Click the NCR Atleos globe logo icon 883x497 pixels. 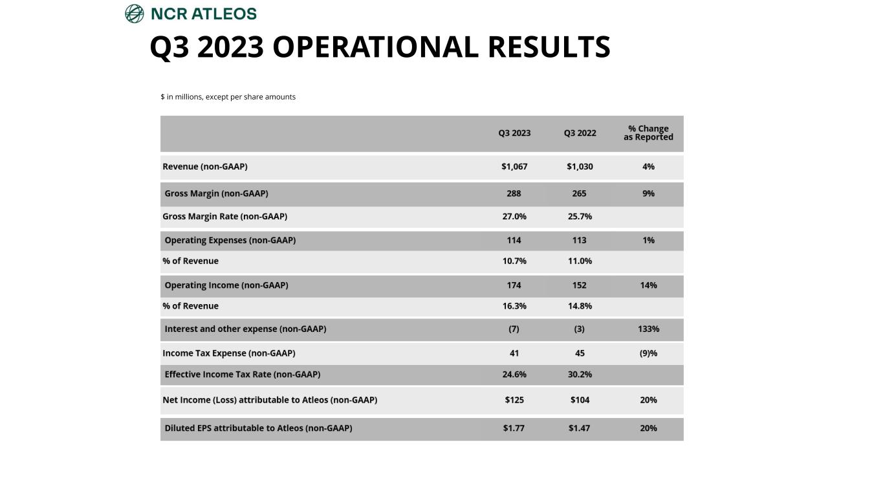point(134,14)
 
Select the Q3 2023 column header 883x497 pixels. point(514,133)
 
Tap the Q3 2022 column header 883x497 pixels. point(580,133)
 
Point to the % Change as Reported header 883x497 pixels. point(648,133)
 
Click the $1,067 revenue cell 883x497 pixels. point(514,167)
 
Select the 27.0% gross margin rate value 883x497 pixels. point(514,217)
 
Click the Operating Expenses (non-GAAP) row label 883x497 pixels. point(230,241)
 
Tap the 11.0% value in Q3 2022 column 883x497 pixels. point(580,261)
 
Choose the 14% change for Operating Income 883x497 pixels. point(648,285)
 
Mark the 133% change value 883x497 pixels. point(648,329)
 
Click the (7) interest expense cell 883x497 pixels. point(514,329)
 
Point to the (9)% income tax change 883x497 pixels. point(648,353)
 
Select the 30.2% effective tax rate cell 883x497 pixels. point(580,375)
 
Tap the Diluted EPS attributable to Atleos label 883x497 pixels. point(258,428)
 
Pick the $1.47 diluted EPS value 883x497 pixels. point(580,428)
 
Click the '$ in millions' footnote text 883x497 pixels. point(228,97)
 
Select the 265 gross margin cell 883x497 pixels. point(580,193)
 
